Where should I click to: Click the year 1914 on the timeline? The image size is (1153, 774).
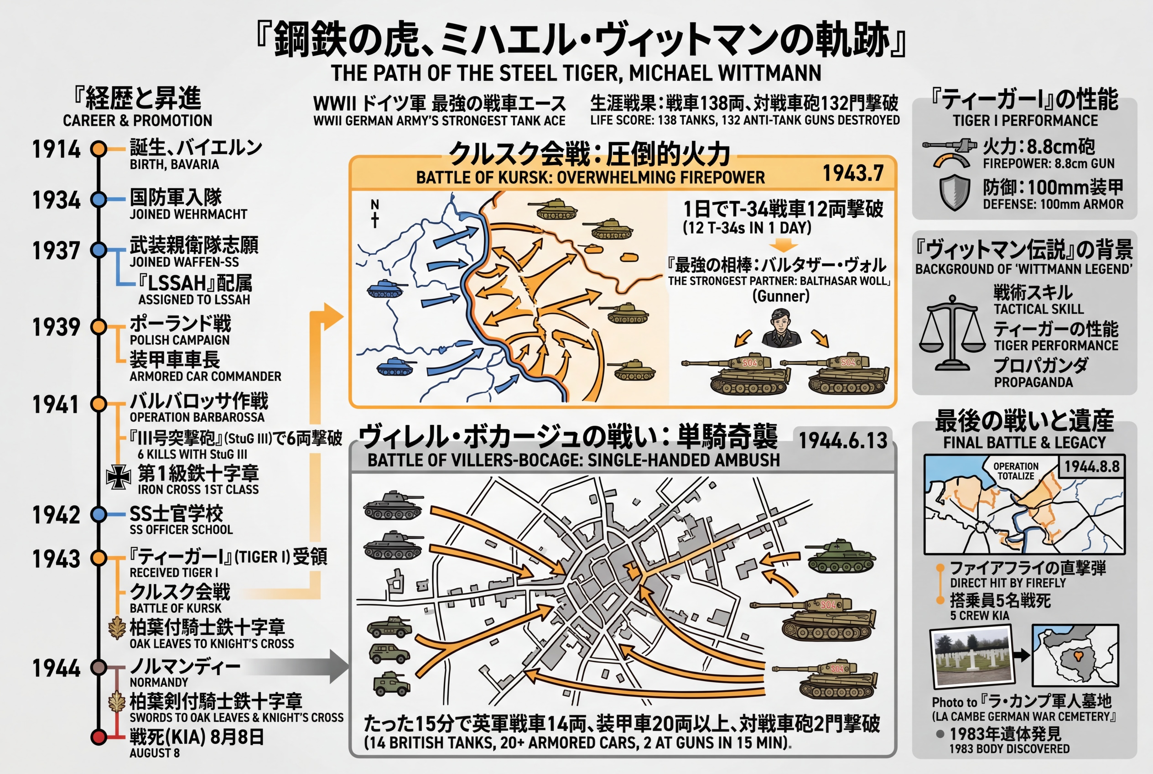pyautogui.click(x=56, y=149)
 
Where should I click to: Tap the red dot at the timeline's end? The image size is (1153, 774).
pyautogui.click(x=99, y=737)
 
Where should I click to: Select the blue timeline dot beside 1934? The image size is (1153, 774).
pyautogui.click(x=99, y=199)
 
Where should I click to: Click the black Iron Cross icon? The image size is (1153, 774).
pyautogui.click(x=119, y=477)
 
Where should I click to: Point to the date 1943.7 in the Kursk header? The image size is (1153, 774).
pyautogui.click(x=853, y=173)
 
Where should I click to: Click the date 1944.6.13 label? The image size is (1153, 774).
pyautogui.click(x=843, y=440)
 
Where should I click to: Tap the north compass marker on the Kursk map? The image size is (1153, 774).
pyautogui.click(x=375, y=213)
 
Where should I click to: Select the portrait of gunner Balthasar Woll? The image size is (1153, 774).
pyautogui.click(x=781, y=328)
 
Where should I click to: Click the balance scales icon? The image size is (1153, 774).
pyautogui.click(x=952, y=332)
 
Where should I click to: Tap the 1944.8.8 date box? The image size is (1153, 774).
pyautogui.click(x=1091, y=466)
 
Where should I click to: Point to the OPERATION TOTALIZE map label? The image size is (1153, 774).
pyautogui.click(x=1015, y=471)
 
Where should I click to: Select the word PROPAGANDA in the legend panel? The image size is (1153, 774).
pyautogui.click(x=1033, y=382)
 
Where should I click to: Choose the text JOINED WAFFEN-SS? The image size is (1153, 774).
pyautogui.click(x=184, y=261)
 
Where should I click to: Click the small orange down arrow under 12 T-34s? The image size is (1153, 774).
pyautogui.click(x=783, y=245)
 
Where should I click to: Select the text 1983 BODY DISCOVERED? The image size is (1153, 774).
pyautogui.click(x=1009, y=749)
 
